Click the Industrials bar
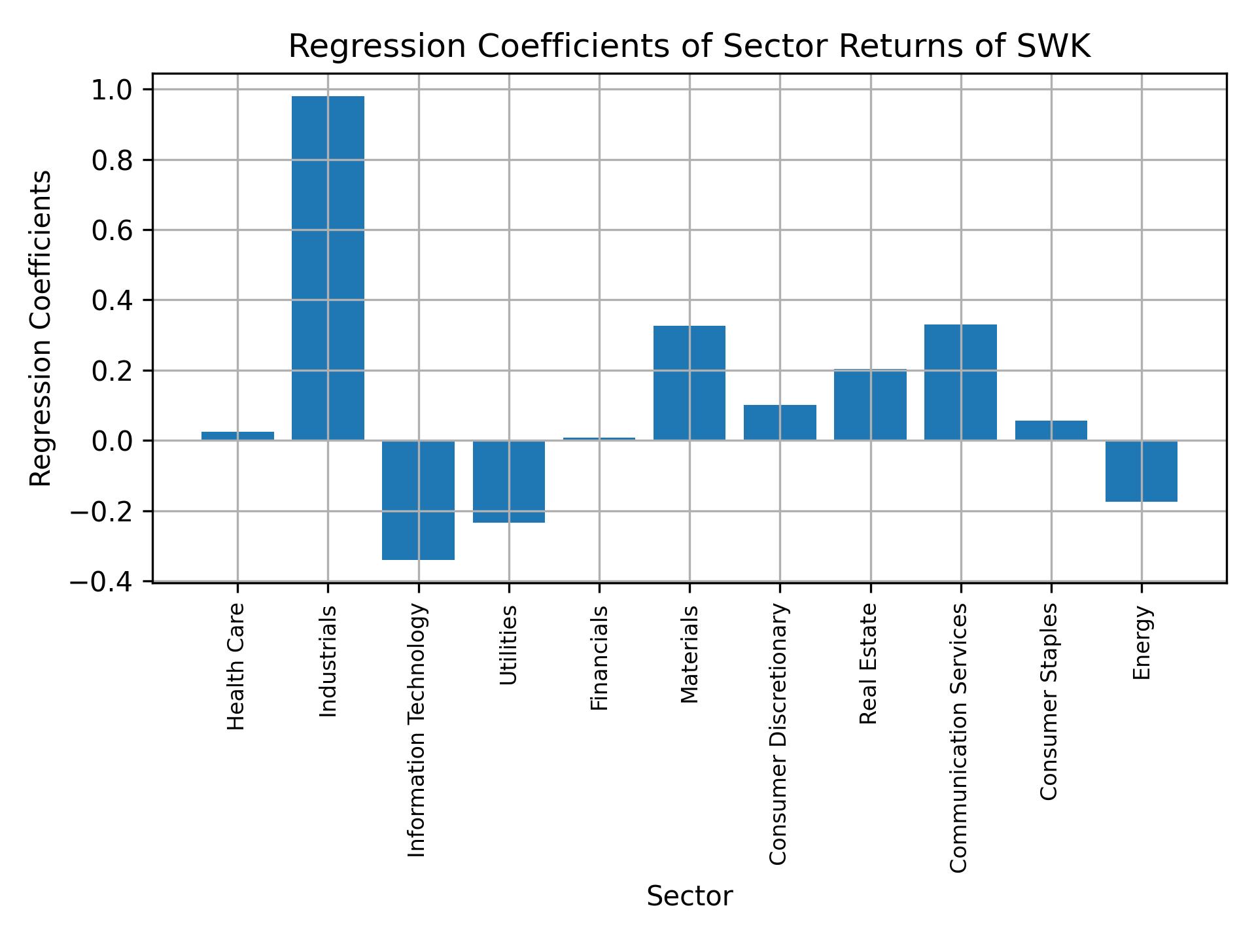click(x=328, y=268)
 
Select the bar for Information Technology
click(x=418, y=500)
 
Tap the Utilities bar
click(x=509, y=481)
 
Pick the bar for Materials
click(x=689, y=383)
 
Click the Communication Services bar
click(x=960, y=382)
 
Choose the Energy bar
click(x=1142, y=471)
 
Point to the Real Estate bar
click(x=870, y=405)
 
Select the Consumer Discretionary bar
click(x=780, y=423)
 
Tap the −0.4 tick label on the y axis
click(x=101, y=582)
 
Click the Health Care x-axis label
click(x=236, y=667)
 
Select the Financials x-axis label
click(x=599, y=658)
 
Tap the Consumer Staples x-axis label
click(x=1049, y=701)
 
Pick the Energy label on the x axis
click(x=1142, y=643)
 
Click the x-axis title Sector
click(x=689, y=896)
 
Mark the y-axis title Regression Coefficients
click(x=41, y=328)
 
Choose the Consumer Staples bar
click(x=1051, y=430)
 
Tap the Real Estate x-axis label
click(x=868, y=664)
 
